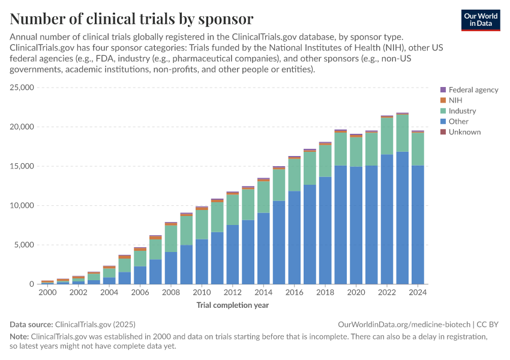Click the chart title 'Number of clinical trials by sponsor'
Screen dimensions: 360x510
coord(131,18)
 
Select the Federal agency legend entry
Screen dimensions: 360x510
coord(473,90)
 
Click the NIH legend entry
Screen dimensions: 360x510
coord(455,100)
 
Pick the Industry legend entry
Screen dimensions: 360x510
coord(462,111)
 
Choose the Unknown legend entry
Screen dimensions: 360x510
coord(464,132)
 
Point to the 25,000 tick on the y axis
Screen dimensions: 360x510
coord(23,88)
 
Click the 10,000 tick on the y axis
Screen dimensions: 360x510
coord(23,205)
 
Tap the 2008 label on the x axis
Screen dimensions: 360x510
coord(171,293)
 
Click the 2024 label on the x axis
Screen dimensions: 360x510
coord(418,293)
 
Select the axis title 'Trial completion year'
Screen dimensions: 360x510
coord(232,305)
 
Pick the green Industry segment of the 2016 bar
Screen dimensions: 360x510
coord(295,175)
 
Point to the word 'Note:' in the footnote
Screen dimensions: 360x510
coord(19,337)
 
